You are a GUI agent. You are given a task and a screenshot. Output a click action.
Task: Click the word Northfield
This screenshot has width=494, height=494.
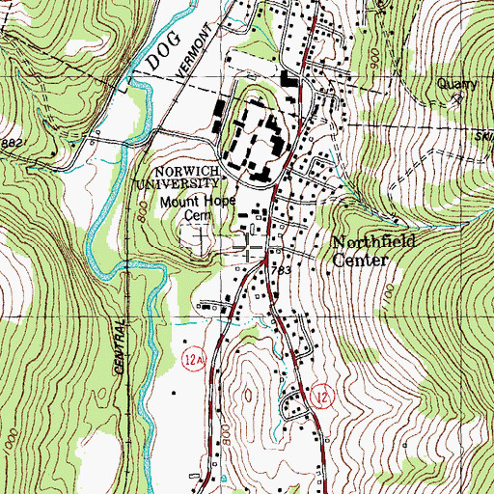[x=375, y=242]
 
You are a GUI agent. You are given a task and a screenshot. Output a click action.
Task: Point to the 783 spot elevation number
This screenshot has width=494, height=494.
[x=282, y=272]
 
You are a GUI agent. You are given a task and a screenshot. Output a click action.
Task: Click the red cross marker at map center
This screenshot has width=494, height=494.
[x=249, y=253]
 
